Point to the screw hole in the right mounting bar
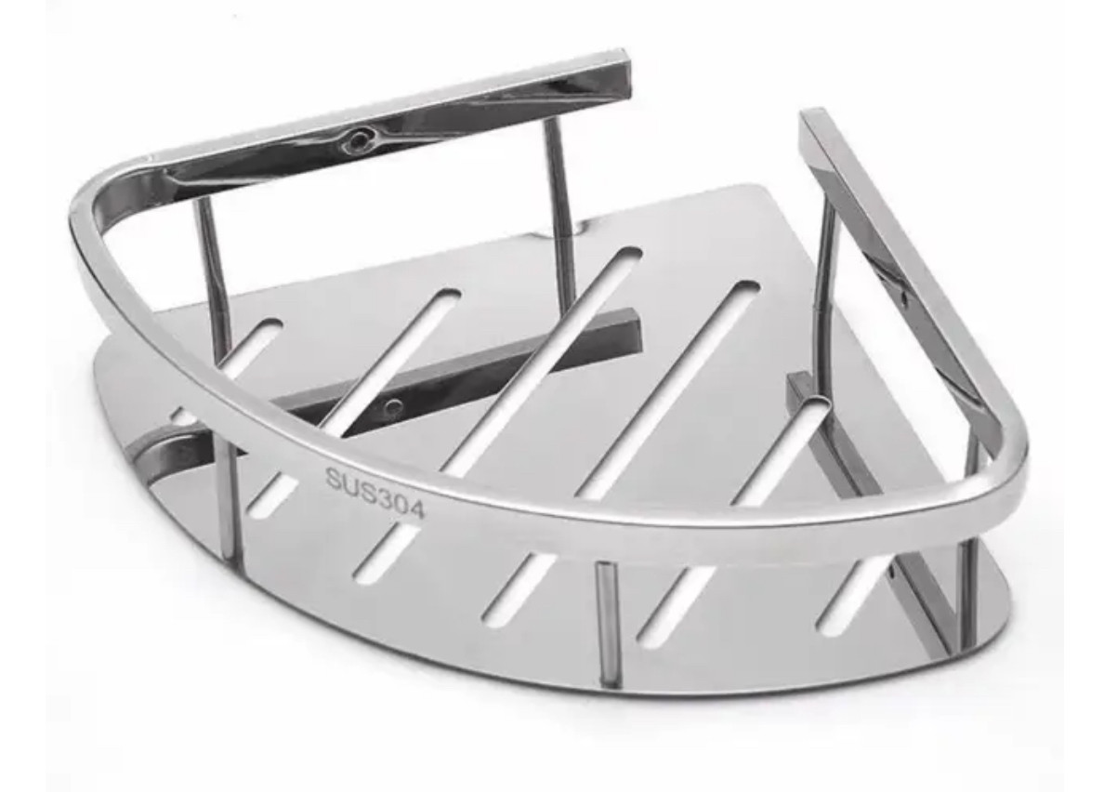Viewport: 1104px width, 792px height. click(903, 298)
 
